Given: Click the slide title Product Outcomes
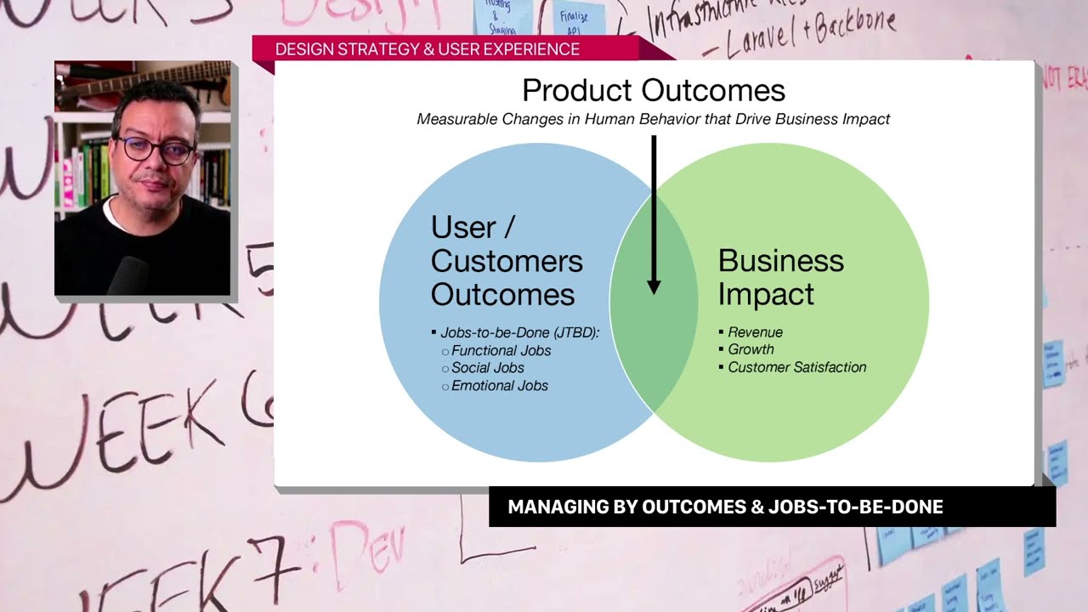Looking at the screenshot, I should pyautogui.click(x=653, y=90).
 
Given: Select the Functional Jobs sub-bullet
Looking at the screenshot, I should pyautogui.click(x=501, y=350).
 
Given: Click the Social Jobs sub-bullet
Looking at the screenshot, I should pyautogui.click(x=487, y=368).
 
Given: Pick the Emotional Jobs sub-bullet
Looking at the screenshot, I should pyautogui.click(x=499, y=386).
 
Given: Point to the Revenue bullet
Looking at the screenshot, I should pyautogui.click(x=755, y=332).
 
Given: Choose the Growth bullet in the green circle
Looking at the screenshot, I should pyautogui.click(x=751, y=349).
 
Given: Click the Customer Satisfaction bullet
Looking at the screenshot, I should pyautogui.click(x=796, y=367).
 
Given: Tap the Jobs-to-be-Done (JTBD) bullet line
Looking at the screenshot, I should pyautogui.click(x=519, y=332).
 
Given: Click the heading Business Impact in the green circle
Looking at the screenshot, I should pyautogui.click(x=780, y=277).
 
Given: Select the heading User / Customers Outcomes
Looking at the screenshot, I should pyautogui.click(x=507, y=261).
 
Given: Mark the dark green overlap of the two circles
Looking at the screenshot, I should pyautogui.click(x=653, y=340).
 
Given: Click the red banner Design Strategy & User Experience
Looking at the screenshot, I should pyautogui.click(x=428, y=49).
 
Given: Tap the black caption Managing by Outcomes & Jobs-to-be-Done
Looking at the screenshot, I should pyautogui.click(x=725, y=507).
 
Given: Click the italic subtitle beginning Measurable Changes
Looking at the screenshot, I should pyautogui.click(x=653, y=119).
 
